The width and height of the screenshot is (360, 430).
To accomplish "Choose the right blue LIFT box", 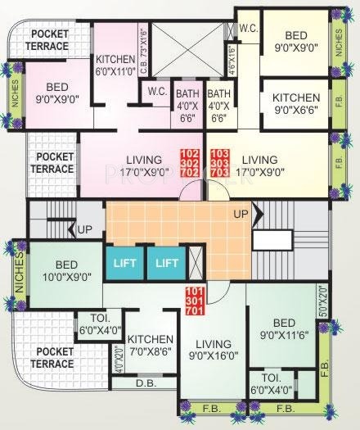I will click(166, 265).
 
